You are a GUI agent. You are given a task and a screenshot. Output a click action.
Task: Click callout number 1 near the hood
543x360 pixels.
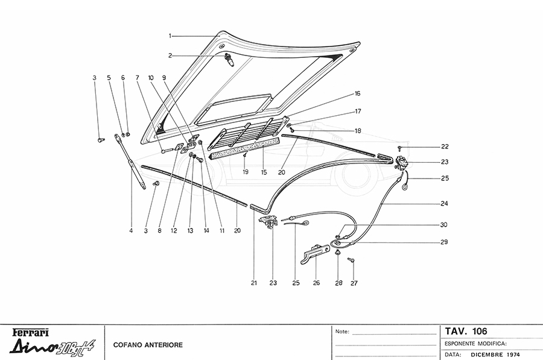coord(170,36)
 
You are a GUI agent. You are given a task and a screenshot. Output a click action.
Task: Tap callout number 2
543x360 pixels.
coord(170,55)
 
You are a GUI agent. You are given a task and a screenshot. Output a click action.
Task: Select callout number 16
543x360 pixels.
coord(357,94)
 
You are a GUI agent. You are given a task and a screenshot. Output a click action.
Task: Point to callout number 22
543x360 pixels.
coord(445,147)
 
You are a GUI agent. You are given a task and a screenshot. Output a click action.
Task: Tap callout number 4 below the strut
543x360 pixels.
coord(131,229)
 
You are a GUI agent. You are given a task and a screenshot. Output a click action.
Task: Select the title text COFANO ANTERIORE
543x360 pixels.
coord(148,345)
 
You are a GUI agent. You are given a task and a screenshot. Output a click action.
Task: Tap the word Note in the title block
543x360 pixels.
coord(341,332)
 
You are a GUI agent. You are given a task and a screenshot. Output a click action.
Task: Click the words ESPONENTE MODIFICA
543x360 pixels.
coord(475,343)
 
